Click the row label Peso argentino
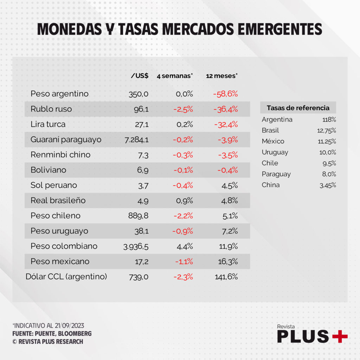tap(59, 94)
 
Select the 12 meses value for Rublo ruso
tap(225, 109)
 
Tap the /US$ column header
tap(140, 76)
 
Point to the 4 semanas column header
tap(175, 76)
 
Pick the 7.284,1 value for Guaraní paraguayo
tap(136, 140)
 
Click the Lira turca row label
tap(48, 124)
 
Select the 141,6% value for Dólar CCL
tap(226, 277)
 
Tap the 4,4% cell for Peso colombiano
tap(185, 246)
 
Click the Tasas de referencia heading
tap(298, 108)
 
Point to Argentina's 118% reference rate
tap(329, 120)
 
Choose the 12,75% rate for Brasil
tap(327, 130)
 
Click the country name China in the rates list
tap(271, 185)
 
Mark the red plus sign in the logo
tap(340, 336)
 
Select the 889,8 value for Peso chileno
tap(138, 216)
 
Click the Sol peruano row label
tap(54, 185)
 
